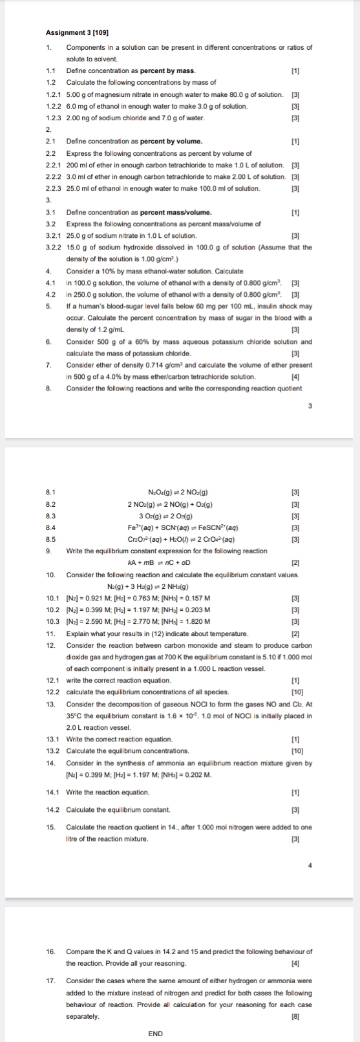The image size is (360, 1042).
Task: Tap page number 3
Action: click(310, 405)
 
